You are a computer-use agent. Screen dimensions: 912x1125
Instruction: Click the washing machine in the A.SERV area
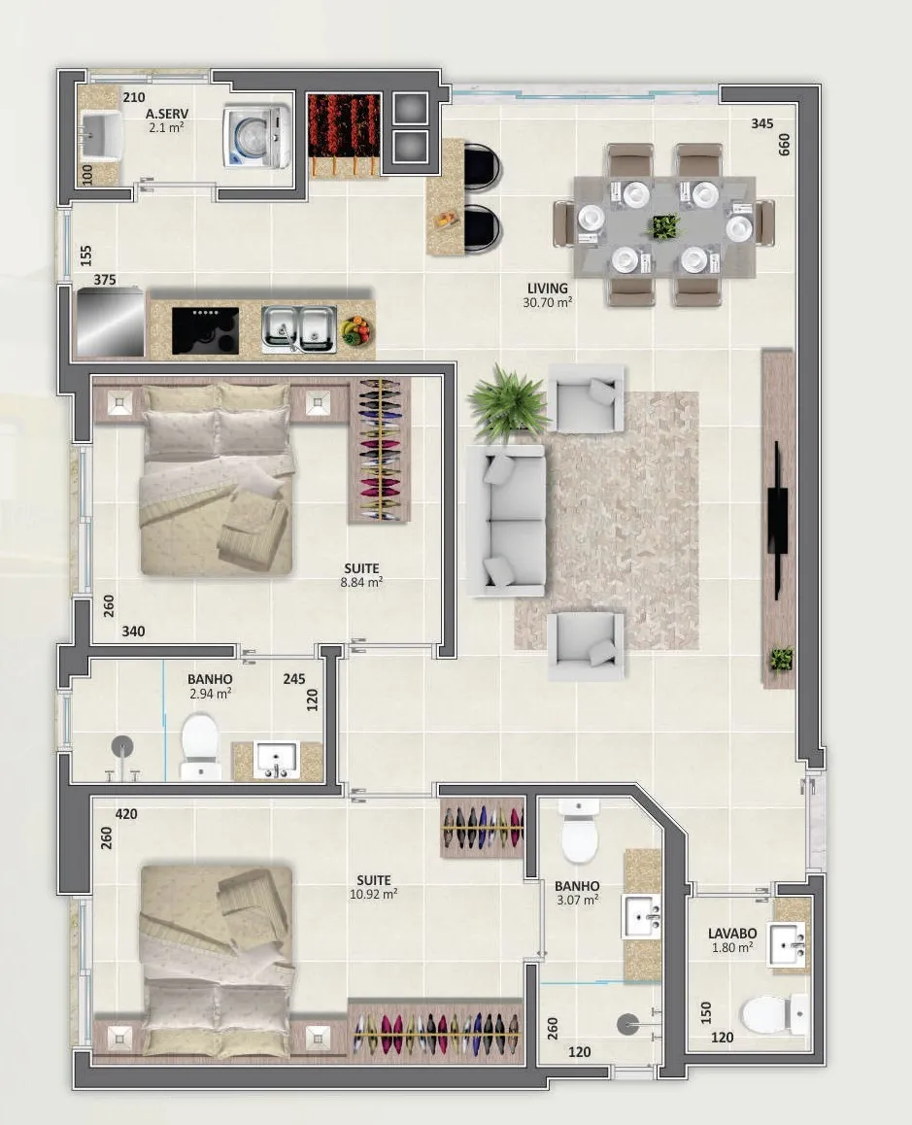coord(256,138)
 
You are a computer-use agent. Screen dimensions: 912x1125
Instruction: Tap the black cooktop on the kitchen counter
coord(205,330)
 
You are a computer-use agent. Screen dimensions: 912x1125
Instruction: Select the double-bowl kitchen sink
coord(298,328)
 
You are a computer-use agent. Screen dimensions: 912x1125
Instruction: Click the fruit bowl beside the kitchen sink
coord(355,330)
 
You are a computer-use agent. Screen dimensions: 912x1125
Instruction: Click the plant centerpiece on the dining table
coord(665,226)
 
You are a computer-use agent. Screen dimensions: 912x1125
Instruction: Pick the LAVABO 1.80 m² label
coord(732,939)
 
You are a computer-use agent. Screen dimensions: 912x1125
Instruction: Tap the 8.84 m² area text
coord(361,583)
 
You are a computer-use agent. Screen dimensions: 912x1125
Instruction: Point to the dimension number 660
coord(784,145)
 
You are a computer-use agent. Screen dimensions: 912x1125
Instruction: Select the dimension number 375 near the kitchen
coord(105,280)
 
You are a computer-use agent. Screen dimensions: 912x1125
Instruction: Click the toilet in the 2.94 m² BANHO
coord(199,746)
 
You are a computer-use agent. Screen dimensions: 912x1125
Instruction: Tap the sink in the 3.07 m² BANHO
coord(642,916)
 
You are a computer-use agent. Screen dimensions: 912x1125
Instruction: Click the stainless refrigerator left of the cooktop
coord(111,322)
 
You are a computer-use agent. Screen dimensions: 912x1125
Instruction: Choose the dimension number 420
coord(126,814)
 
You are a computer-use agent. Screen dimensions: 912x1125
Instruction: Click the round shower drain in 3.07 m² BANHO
coord(627,1024)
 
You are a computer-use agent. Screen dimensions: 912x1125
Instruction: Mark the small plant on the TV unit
coord(782,659)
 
